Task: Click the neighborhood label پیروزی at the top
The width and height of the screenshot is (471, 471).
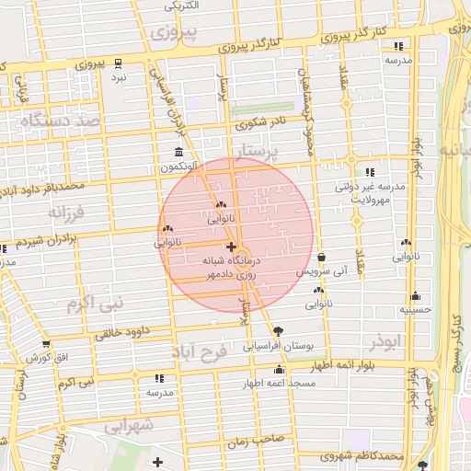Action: point(168,34)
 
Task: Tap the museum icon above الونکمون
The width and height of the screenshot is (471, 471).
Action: point(178,153)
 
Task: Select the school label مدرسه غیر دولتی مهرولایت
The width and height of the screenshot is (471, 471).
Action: point(369,191)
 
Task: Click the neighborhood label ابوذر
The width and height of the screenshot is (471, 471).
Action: point(385,342)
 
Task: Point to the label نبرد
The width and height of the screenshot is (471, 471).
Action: point(120,77)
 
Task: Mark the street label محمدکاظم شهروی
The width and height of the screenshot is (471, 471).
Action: point(364,456)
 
